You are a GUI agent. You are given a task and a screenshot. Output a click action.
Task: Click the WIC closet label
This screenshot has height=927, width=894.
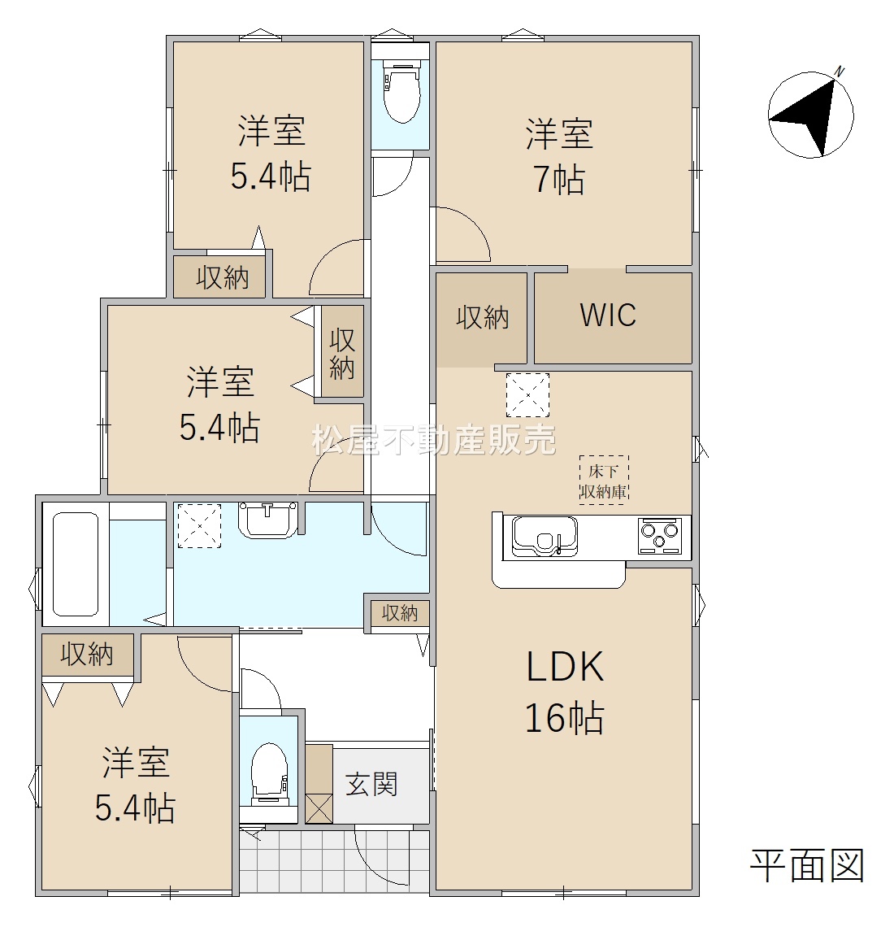coord(608,315)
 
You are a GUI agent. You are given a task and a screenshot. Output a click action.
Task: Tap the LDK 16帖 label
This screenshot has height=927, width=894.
coord(565,692)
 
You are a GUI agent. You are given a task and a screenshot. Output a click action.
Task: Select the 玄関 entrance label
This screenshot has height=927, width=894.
coord(371,785)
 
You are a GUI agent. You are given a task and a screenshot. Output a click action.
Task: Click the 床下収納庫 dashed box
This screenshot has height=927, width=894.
coord(603,480)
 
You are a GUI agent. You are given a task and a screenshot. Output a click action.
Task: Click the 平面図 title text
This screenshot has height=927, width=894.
coord(807,866)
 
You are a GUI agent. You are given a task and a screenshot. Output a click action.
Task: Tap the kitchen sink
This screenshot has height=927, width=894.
coord(545,536)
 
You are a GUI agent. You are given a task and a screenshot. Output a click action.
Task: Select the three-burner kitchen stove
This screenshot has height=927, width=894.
coord(659,536)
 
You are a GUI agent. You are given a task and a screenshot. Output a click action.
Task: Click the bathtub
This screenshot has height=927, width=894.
coord(76,564)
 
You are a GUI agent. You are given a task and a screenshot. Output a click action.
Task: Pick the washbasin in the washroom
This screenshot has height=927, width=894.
coord(268,520)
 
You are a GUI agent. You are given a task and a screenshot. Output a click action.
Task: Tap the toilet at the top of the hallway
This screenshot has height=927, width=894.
coord(401,91)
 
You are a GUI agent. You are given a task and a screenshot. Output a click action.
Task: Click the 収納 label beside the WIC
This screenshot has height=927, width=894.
coord(482,317)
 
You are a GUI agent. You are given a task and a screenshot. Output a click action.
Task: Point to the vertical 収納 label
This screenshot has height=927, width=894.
coord(341,354)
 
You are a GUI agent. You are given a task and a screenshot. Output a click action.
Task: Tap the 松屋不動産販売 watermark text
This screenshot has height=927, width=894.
coord(434,440)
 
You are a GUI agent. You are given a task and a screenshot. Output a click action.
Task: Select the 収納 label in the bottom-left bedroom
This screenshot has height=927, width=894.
coord(87,654)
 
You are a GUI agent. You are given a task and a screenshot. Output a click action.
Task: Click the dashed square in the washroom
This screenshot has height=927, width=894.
coord(200,525)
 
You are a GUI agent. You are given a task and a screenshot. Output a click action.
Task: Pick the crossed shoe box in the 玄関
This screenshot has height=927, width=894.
coord(319,807)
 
